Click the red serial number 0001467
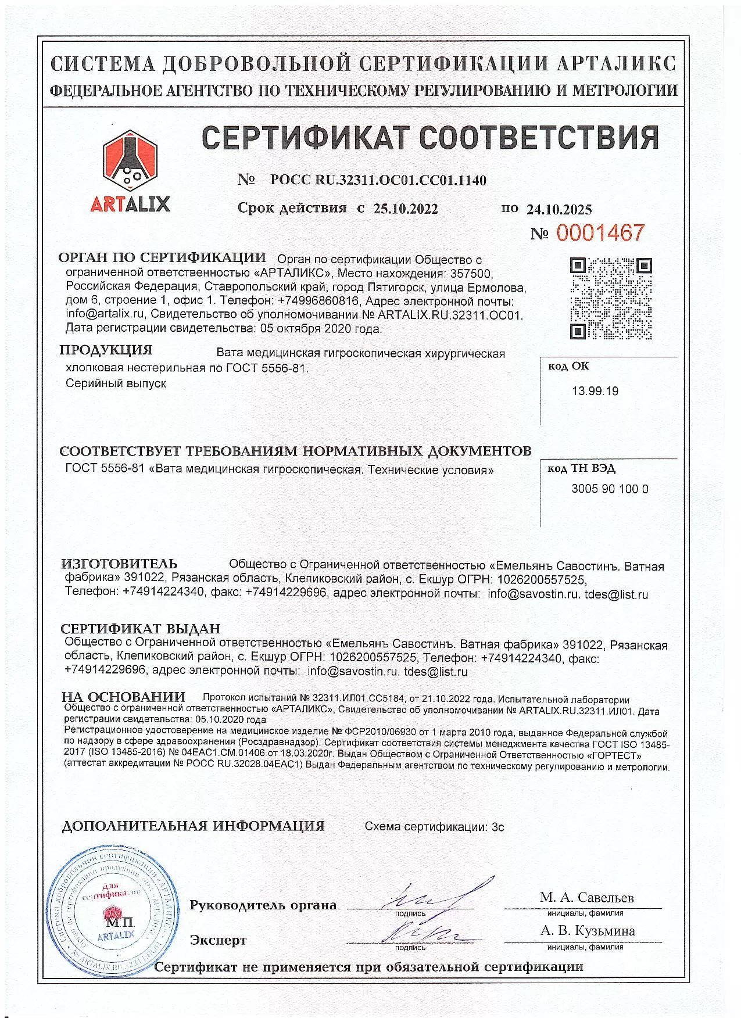(600, 233)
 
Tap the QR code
(610, 298)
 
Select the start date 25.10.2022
(406, 209)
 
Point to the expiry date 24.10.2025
(559, 210)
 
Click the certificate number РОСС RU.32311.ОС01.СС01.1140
(378, 180)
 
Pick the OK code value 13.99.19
(595, 391)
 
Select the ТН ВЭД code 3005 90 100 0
(610, 489)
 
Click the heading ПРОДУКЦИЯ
(106, 350)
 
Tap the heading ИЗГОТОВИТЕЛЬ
(120, 564)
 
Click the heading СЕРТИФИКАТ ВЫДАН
(141, 629)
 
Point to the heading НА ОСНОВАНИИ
(124, 697)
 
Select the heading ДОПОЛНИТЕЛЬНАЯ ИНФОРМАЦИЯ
(193, 826)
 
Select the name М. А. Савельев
(586, 897)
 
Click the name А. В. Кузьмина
(588, 931)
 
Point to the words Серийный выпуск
(116, 383)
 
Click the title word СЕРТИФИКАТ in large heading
(306, 138)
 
